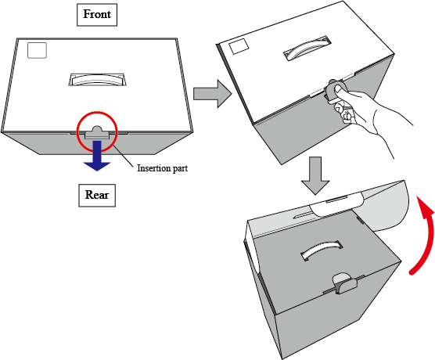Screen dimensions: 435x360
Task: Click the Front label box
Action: [97, 15]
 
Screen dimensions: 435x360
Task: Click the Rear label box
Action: [97, 195]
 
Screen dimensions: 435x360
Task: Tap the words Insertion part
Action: [162, 168]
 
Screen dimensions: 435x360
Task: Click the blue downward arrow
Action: [97, 156]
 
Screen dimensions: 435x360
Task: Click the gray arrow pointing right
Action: [213, 94]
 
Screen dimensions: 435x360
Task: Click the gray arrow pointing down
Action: [315, 175]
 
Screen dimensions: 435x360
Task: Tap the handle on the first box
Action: [97, 79]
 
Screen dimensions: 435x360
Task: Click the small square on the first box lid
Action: [38, 50]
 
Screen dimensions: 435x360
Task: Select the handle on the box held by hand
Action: [307, 49]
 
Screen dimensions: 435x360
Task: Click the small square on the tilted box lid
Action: [239, 46]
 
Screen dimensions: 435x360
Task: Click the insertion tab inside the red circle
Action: [97, 133]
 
